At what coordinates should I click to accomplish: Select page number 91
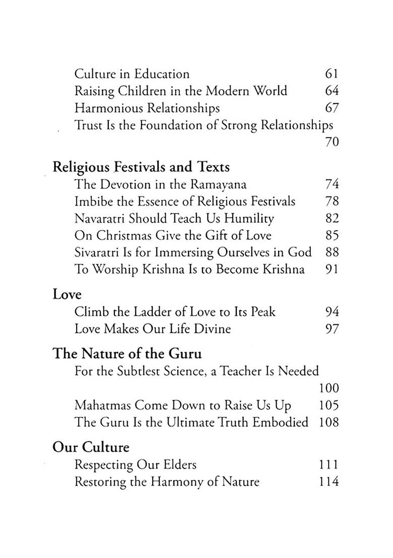[x=331, y=269]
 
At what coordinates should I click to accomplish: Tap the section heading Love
[x=67, y=294]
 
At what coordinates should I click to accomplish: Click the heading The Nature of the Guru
[x=127, y=354]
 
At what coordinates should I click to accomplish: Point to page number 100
[x=329, y=388]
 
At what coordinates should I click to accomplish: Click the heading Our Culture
[x=91, y=447]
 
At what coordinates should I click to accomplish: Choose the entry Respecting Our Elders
[x=135, y=465]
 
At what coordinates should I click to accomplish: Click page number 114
[x=329, y=482]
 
